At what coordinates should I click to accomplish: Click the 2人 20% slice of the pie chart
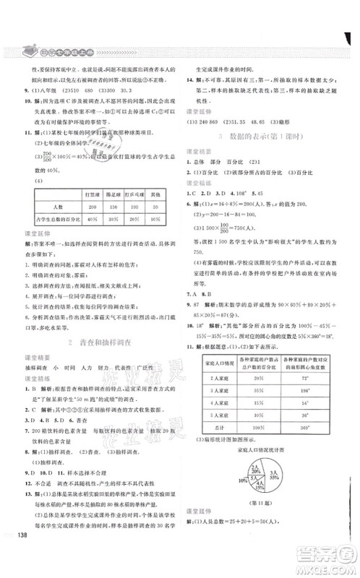pos(257,470)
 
